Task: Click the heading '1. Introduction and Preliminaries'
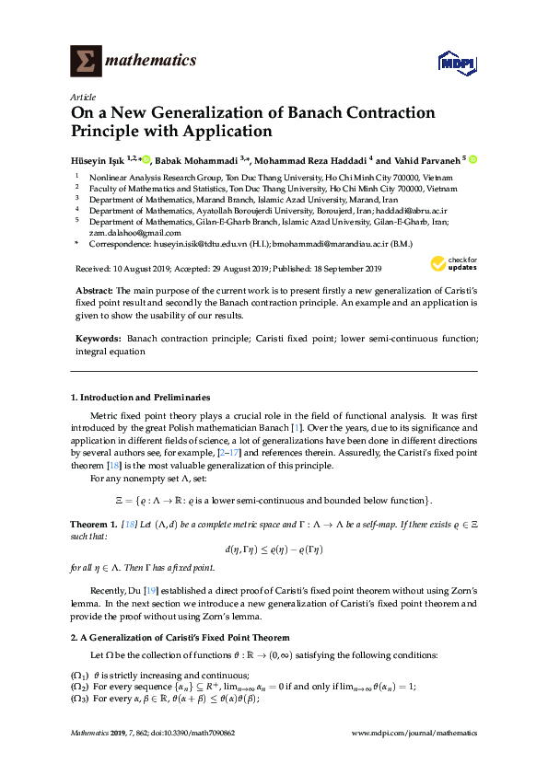[140, 398]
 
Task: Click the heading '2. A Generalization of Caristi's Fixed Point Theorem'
[181, 637]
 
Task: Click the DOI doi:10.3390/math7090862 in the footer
[185, 733]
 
